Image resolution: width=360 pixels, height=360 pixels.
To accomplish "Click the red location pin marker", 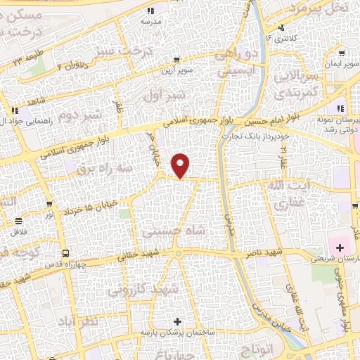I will [x=181, y=165].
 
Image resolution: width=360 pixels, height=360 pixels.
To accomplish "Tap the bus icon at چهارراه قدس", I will [x=65, y=253].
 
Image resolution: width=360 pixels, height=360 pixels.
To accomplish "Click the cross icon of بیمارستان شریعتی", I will [x=340, y=247].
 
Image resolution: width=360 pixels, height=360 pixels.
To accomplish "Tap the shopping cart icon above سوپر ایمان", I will [x=341, y=53].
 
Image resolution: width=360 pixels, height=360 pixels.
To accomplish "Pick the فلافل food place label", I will [x=19, y=233].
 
